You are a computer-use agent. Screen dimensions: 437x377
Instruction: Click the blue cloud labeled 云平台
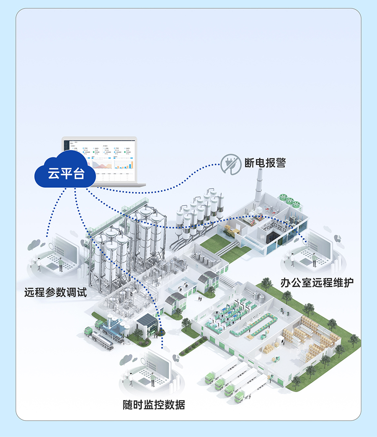pyautogui.click(x=65, y=172)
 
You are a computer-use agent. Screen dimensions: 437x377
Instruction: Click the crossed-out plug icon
pyautogui.click(x=229, y=163)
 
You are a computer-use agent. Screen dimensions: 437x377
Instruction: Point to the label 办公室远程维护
pyautogui.click(x=317, y=283)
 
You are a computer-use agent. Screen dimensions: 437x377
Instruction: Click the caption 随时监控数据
pyautogui.click(x=154, y=405)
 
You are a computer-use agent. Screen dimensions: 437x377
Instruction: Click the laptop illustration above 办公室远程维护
pyautogui.click(x=314, y=252)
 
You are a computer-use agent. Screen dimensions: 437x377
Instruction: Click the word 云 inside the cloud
pyautogui.click(x=53, y=173)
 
